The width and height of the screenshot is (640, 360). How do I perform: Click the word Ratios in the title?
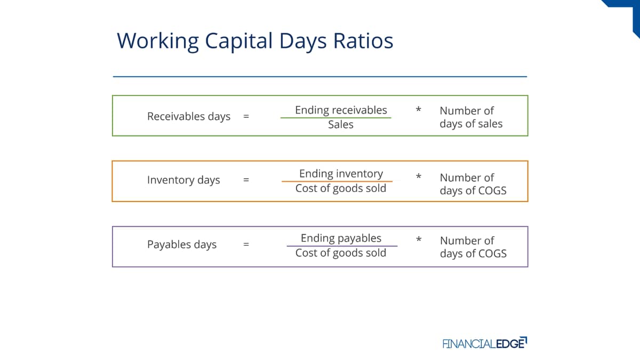(x=363, y=41)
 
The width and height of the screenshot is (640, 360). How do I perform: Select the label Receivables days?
(x=189, y=117)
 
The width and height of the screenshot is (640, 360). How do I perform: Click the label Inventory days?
(x=183, y=180)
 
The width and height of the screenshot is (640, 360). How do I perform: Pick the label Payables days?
(x=182, y=245)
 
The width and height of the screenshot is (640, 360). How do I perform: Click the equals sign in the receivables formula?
(x=246, y=117)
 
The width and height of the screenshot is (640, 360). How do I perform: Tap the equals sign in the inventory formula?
(x=246, y=180)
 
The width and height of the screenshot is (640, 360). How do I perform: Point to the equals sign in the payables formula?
(x=246, y=245)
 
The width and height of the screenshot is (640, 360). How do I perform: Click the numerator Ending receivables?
(x=341, y=110)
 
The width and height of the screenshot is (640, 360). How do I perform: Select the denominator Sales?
(x=341, y=125)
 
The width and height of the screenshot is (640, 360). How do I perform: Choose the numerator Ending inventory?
(x=341, y=174)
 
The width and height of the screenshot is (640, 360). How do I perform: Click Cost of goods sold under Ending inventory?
(x=341, y=189)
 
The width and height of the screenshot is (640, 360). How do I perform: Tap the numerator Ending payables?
(x=341, y=238)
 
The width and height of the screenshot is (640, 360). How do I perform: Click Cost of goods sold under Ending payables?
(x=341, y=253)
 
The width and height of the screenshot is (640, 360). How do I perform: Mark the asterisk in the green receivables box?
(x=418, y=109)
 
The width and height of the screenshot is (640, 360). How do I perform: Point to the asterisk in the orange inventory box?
(x=419, y=177)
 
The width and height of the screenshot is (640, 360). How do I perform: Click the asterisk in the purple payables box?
(x=419, y=239)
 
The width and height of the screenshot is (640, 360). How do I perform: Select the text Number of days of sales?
(x=471, y=117)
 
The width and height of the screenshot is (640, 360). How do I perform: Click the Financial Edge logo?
(x=485, y=343)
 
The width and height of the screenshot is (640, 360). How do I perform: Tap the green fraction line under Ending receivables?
(x=335, y=118)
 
